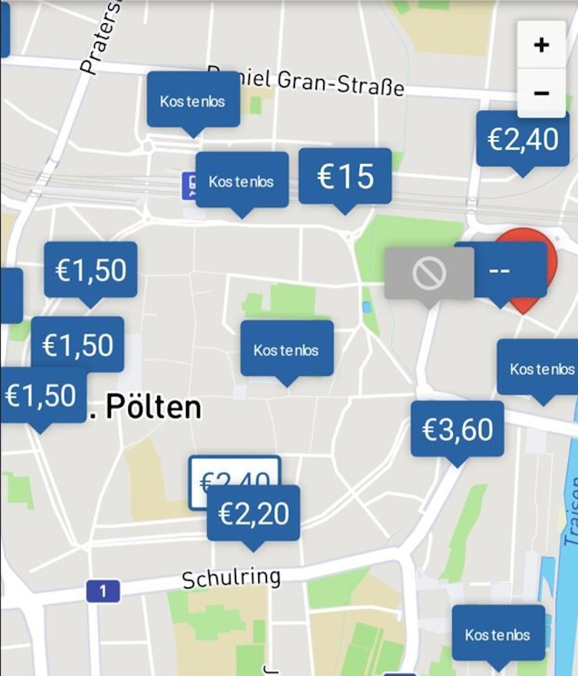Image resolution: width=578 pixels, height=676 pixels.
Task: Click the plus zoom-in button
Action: click(541, 45)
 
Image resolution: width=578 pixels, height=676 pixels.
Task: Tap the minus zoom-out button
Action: click(541, 93)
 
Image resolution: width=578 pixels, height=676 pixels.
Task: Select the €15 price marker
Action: click(345, 176)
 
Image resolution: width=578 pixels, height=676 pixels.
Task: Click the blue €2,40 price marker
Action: click(522, 139)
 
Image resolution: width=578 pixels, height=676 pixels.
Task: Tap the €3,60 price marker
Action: click(457, 429)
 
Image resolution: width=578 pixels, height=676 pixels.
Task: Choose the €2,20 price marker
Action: click(254, 513)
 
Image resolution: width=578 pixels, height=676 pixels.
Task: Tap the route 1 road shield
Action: click(103, 591)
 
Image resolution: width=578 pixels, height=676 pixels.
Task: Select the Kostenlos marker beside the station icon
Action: click(241, 181)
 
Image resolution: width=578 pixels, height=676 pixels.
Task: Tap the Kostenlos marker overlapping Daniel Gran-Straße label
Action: click(193, 100)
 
